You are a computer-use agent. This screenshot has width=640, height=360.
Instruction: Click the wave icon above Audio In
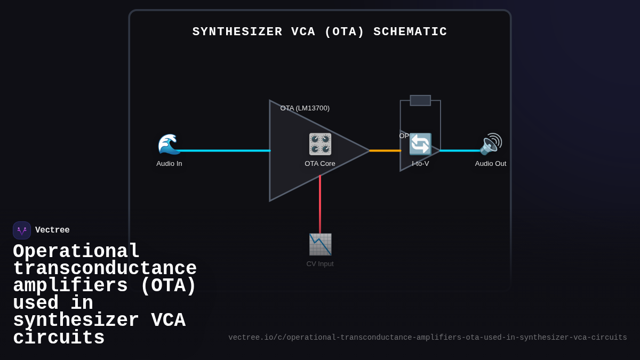tap(169, 144)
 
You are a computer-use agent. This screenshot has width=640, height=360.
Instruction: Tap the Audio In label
tap(169, 164)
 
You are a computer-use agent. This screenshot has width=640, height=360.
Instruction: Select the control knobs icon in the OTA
tap(320, 144)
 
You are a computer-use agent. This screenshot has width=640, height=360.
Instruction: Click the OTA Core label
tap(320, 164)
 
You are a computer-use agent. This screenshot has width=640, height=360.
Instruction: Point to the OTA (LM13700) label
tap(305, 108)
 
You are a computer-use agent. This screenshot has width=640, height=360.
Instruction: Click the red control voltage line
tap(320, 205)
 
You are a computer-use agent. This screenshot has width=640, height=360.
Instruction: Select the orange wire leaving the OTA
tap(385, 150)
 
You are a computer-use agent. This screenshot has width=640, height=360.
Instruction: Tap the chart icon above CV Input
tap(320, 244)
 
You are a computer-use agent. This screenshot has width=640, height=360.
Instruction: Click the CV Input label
tap(320, 264)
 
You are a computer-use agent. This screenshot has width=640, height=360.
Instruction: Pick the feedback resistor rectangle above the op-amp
tap(420, 100)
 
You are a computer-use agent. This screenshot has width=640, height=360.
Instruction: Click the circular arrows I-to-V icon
tap(420, 144)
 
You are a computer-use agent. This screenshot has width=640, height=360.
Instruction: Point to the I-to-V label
tap(420, 164)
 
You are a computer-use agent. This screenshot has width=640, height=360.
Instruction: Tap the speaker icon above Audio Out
tap(491, 144)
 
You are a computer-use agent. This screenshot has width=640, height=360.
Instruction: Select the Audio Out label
tap(491, 164)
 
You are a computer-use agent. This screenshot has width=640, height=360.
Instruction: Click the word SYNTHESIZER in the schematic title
tap(237, 32)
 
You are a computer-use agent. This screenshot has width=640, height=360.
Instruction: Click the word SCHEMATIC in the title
tap(410, 32)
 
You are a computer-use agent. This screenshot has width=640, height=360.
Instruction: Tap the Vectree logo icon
tap(22, 230)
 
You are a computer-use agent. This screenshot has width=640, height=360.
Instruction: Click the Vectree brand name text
tap(52, 230)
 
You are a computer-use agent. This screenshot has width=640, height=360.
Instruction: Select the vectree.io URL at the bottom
tap(427, 338)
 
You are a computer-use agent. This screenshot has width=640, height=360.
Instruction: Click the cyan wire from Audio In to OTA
tap(224, 150)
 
